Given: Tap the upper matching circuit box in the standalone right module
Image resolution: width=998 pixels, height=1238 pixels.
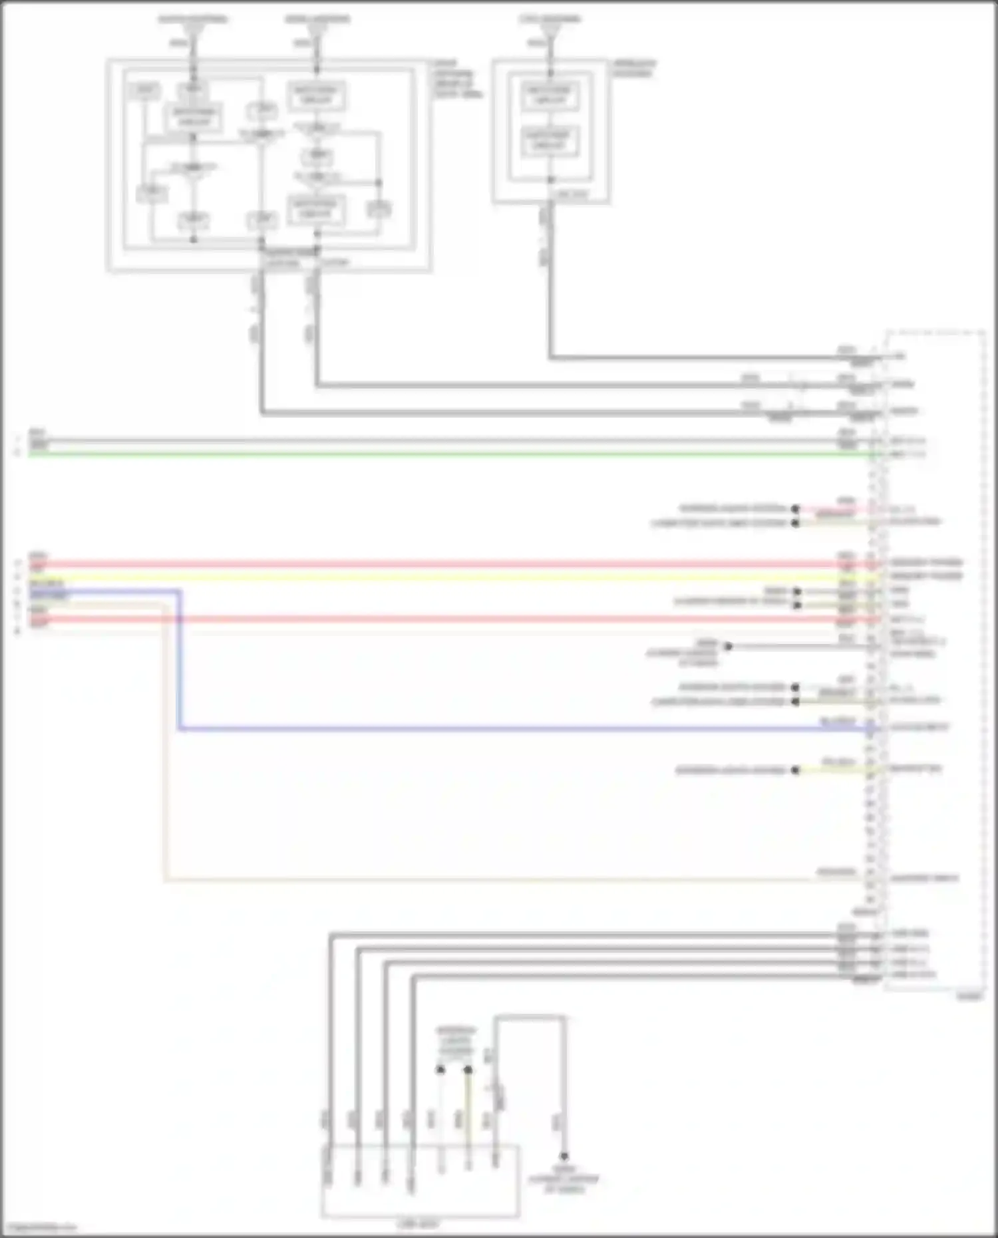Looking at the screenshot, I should pyautogui.click(x=550, y=95).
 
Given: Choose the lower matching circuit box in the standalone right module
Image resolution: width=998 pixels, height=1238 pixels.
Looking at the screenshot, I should pyautogui.click(x=550, y=140).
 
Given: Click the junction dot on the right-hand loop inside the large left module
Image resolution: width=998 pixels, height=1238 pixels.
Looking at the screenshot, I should pyautogui.click(x=379, y=182).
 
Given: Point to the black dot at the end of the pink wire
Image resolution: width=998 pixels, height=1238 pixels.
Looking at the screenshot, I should pyautogui.click(x=795, y=509).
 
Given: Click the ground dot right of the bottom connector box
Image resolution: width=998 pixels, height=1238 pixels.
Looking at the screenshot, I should pyautogui.click(x=564, y=1156).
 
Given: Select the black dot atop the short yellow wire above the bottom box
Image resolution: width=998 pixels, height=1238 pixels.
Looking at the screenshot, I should pyautogui.click(x=468, y=1070).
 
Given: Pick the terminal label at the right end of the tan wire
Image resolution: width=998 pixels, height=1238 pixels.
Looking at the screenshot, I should pyautogui.click(x=925, y=878).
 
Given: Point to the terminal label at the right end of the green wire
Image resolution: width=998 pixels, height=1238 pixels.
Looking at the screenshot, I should pyautogui.click(x=908, y=455).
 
